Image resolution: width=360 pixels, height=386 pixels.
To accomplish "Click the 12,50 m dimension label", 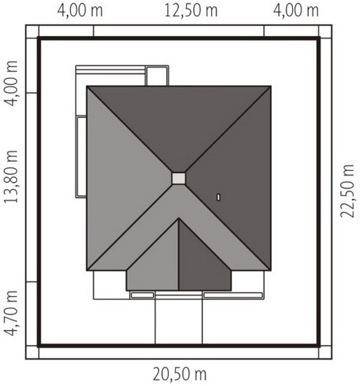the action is [191, 11].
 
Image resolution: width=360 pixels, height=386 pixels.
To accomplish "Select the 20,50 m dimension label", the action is [180, 374].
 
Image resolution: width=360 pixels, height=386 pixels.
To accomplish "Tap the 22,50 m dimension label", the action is [347, 191].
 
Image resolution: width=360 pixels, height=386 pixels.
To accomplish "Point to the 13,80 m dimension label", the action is [11, 176].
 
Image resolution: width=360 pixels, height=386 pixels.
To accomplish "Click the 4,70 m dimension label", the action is [11, 313].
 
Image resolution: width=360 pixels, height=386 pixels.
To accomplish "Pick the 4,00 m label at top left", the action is [80, 11].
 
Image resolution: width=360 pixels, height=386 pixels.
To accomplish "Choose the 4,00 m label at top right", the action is [296, 11].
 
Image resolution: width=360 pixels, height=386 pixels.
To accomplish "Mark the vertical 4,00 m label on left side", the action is [11, 83].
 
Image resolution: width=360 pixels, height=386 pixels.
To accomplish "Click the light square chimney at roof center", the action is [179, 178].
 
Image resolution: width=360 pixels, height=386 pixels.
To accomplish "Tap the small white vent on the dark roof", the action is [219, 198].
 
